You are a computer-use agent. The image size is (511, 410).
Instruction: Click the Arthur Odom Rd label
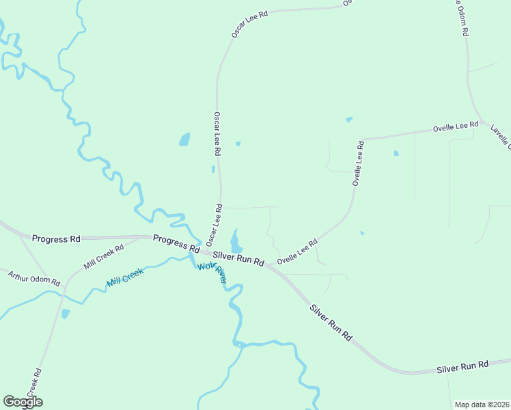point(34,278)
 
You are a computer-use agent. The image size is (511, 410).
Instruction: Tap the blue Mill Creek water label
point(125,277)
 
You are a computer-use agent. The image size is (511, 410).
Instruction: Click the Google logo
point(23,402)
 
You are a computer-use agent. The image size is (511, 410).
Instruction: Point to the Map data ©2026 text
point(482,405)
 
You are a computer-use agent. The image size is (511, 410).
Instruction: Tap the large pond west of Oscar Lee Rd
point(184,139)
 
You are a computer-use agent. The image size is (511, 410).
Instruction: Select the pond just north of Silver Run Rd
point(236,241)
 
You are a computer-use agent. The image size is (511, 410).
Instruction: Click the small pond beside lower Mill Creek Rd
point(65,314)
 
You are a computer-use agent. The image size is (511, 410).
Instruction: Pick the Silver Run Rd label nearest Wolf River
point(238,258)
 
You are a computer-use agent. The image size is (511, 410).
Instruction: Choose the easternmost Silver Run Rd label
point(462,367)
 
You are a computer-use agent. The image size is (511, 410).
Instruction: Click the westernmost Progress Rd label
point(56,239)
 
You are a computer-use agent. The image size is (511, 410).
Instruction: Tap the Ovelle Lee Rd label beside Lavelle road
point(456,127)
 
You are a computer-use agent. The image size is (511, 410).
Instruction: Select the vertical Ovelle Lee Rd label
point(357,164)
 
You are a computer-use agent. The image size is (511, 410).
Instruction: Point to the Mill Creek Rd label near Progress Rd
point(104,256)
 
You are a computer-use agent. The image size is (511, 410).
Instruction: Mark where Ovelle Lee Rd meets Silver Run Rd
point(271,265)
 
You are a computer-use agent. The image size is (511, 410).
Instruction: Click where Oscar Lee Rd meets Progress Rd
point(206,246)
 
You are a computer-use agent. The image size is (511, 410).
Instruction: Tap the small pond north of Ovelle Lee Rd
point(349,120)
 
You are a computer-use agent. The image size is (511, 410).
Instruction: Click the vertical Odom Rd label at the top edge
point(462,17)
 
